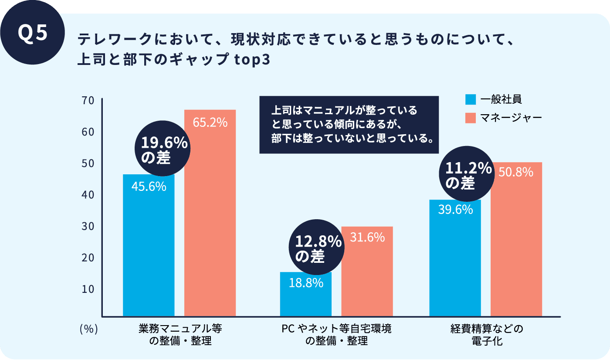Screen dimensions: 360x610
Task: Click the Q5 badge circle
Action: click(x=33, y=33)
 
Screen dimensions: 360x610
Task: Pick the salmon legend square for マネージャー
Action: click(x=471, y=118)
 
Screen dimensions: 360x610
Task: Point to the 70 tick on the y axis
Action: click(x=88, y=101)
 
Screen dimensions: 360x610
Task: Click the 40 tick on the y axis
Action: click(x=88, y=195)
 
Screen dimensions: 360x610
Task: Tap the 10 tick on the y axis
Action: click(x=88, y=289)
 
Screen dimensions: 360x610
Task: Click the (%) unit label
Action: click(x=88, y=329)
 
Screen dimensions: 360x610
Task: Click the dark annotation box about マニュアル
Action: click(x=349, y=125)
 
